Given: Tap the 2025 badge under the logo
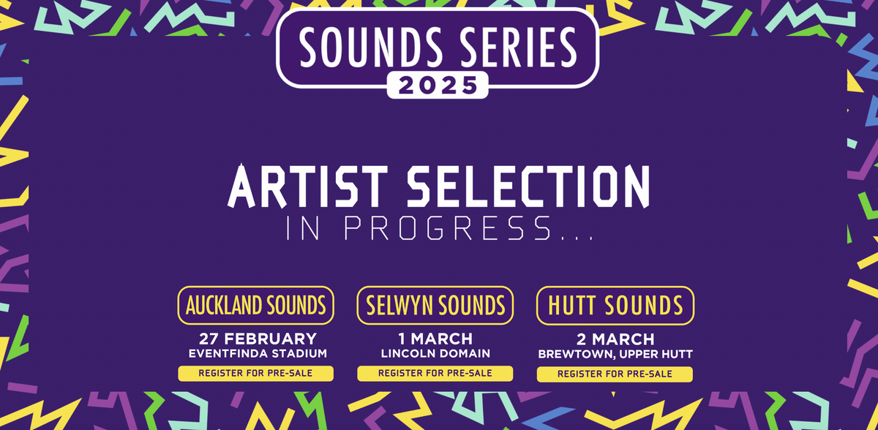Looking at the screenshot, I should tap(438, 86).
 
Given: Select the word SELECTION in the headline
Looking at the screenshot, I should tap(528, 188).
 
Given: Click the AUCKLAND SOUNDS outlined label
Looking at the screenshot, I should tap(255, 305).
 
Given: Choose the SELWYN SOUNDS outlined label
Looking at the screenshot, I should tap(435, 305).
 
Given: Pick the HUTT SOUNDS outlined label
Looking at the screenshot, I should tap(615, 305).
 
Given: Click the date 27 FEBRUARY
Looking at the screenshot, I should tap(258, 339).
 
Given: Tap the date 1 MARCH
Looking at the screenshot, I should tap(435, 339).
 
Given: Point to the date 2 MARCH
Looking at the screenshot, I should tap(615, 339).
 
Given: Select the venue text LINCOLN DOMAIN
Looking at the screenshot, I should tap(435, 354).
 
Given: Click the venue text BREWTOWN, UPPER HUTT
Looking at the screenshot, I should tap(615, 354).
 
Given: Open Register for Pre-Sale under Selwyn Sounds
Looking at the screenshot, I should tap(435, 373).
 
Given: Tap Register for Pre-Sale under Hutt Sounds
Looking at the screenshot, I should tap(615, 374).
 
